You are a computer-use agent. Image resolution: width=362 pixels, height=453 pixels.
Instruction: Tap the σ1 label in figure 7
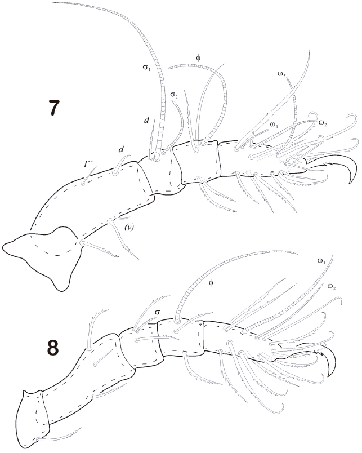(146, 67)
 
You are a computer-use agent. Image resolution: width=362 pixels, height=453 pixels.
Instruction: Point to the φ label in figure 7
(198, 58)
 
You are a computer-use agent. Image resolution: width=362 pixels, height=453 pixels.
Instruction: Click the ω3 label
(281, 74)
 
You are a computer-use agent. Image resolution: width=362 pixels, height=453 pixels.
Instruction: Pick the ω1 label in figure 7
(274, 125)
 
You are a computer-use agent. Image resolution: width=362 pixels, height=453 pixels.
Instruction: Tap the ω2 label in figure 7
(323, 123)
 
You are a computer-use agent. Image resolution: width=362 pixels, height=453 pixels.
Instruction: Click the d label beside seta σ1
(146, 120)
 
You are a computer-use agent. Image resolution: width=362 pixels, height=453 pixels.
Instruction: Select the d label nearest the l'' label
(121, 149)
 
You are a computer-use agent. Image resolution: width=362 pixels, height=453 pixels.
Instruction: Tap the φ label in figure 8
(211, 282)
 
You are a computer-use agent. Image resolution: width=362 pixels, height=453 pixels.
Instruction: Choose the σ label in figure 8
(157, 312)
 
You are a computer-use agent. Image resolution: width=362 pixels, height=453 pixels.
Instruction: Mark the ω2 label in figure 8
(332, 286)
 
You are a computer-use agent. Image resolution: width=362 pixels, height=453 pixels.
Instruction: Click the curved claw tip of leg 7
(350, 181)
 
